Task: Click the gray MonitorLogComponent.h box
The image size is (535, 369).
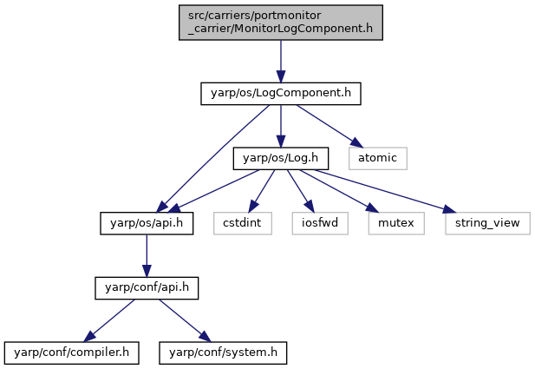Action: [x=281, y=23]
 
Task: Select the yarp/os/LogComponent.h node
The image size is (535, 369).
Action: [x=281, y=93]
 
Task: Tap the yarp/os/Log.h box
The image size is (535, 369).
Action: [x=281, y=158]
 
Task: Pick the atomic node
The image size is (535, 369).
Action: [x=378, y=158]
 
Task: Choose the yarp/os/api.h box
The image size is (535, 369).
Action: [x=147, y=223]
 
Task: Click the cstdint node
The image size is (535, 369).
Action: [x=243, y=223]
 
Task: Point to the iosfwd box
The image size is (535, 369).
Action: [x=320, y=223]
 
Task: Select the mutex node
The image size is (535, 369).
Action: [x=396, y=223]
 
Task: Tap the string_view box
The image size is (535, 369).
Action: [x=487, y=223]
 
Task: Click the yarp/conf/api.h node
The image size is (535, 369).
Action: [x=147, y=288]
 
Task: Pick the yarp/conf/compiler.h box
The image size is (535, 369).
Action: [x=72, y=353]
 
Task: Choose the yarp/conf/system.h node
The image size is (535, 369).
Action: [x=223, y=353]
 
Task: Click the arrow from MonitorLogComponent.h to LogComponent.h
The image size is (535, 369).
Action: [x=281, y=62]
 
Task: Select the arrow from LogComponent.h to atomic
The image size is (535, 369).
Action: [x=328, y=126]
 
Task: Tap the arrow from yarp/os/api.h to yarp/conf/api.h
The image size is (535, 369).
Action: [x=147, y=256]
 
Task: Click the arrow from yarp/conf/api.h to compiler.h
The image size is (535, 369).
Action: [x=109, y=320]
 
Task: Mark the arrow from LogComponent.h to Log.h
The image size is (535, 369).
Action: [x=281, y=126]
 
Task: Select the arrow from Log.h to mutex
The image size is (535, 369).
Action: [x=339, y=191]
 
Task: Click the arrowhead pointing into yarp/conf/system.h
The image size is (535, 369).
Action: [x=206, y=337]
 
